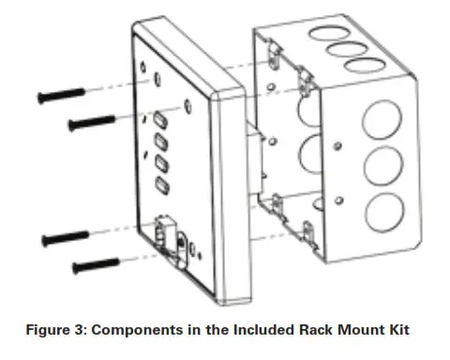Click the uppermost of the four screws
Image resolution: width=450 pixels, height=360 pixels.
(x=62, y=95)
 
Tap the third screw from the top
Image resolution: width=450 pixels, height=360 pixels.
(x=63, y=237)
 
